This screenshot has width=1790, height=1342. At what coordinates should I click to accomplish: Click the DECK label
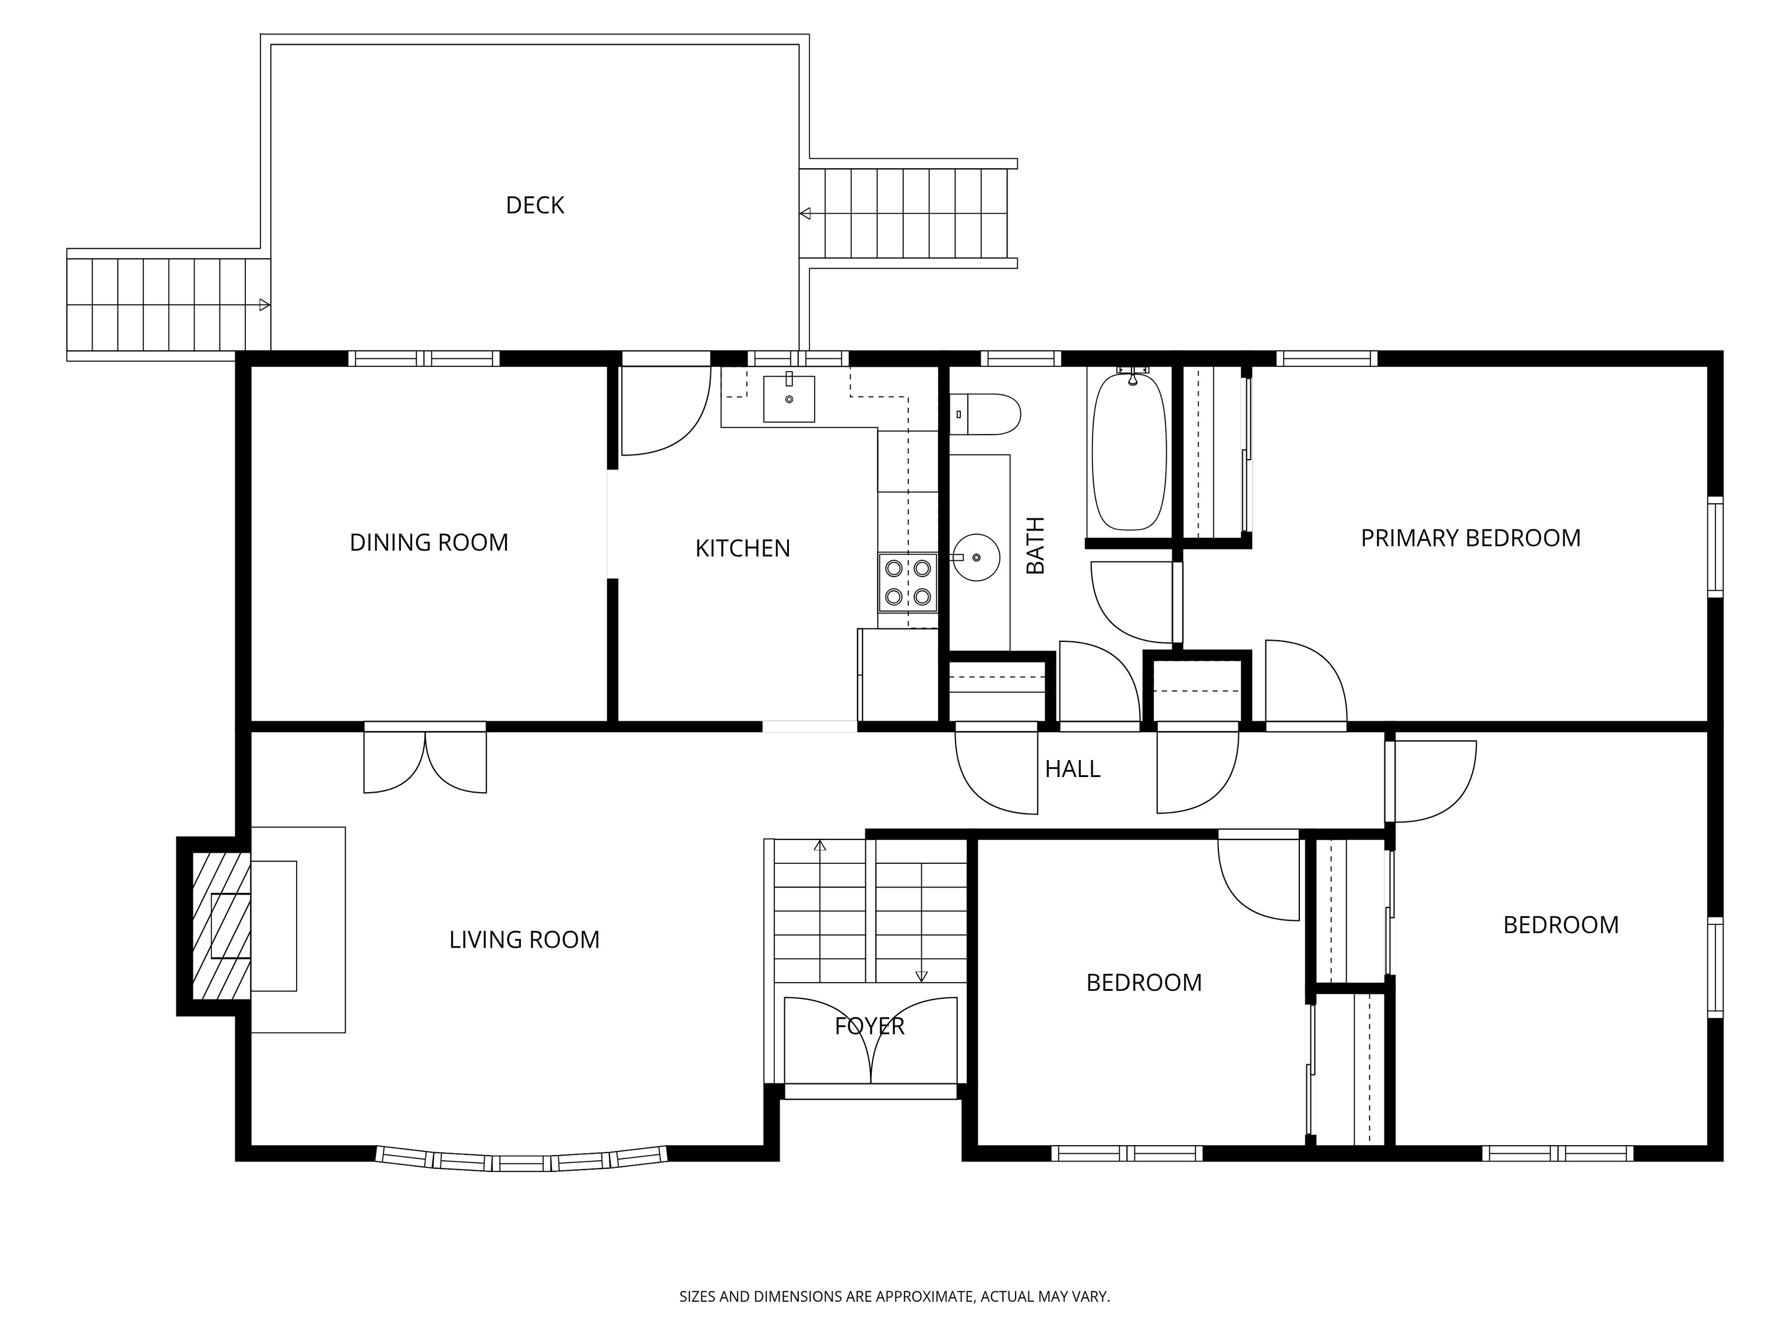pos(535,206)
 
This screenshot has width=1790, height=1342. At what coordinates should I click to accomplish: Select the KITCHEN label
pos(743,549)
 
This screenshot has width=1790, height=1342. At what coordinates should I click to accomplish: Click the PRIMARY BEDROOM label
pos(1470,538)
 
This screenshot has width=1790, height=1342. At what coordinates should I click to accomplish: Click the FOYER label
pos(870,1026)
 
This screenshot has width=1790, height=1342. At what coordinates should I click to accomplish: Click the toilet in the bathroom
pos(984,414)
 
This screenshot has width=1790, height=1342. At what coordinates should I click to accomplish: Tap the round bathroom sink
pos(976,557)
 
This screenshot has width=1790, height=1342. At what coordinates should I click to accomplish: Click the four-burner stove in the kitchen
pos(908,582)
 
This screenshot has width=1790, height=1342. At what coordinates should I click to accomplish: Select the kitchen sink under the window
pos(789,398)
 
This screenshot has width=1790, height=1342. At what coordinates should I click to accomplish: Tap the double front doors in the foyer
pos(871,1040)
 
